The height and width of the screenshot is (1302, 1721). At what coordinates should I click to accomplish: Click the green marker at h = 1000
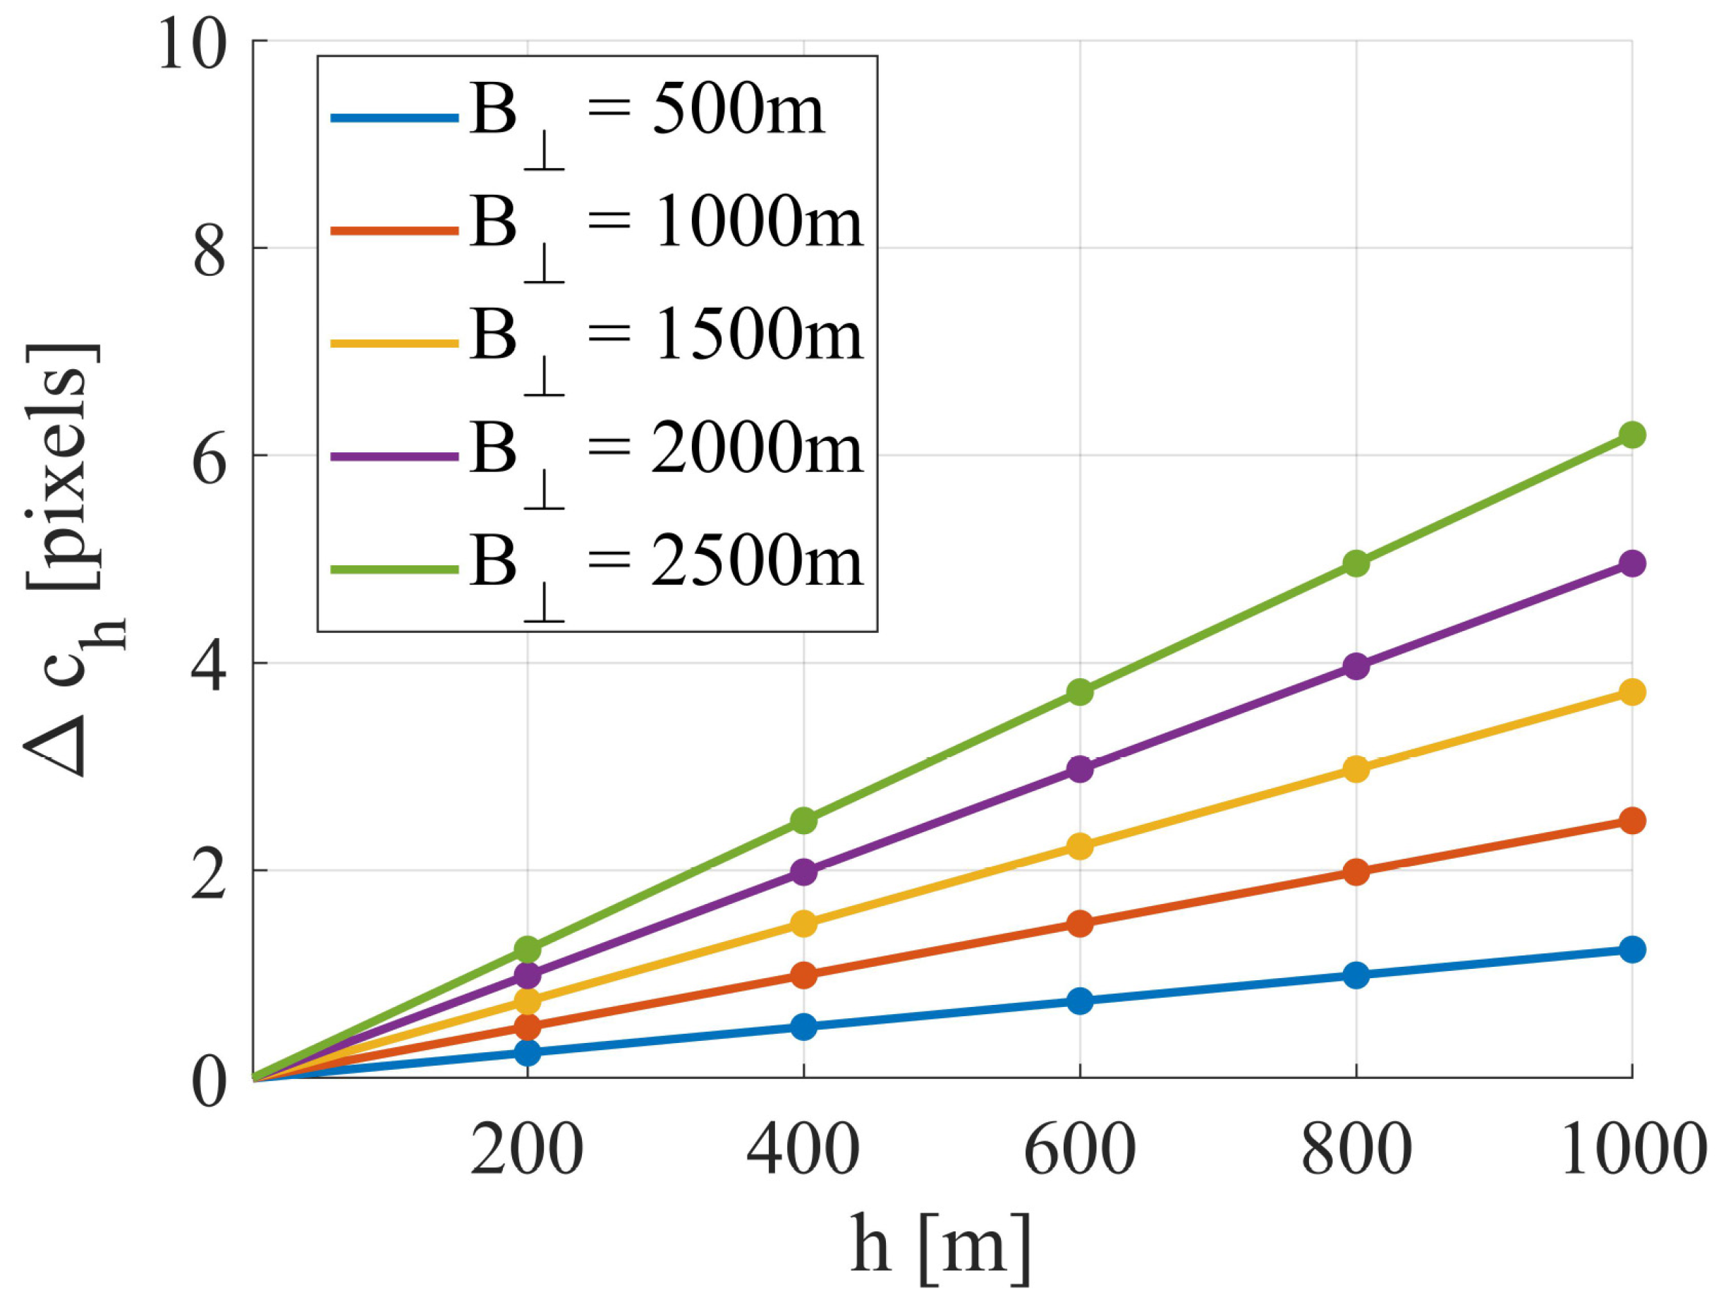[1631, 434]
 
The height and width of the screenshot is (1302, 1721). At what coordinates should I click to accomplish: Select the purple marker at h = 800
[1356, 666]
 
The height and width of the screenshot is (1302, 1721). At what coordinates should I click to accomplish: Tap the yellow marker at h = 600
[1080, 846]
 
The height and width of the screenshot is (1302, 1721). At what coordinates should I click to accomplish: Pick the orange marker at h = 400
[803, 975]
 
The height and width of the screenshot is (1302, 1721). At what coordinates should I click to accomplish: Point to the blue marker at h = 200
[528, 1052]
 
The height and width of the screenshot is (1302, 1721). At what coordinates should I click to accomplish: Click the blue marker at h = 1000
[1631, 949]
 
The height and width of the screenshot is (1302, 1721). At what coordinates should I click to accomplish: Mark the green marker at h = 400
[803, 820]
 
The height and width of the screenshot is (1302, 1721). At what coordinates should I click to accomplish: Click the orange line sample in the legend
[394, 230]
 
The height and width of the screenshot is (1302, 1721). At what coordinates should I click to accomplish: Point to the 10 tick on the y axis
[194, 45]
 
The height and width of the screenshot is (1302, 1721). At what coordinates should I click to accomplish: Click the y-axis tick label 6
[209, 459]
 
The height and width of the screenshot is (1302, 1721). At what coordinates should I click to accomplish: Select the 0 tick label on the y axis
[209, 1082]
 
